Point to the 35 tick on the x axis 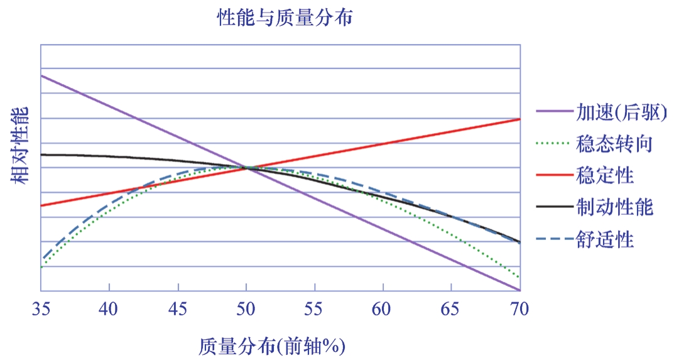coord(41,309)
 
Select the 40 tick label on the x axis coord(109,309)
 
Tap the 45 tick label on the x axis coord(178,309)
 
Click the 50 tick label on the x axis coord(246,309)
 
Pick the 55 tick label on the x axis coord(315,309)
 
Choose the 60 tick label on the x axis coord(383,309)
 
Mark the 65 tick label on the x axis coord(452,309)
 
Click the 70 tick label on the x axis coord(519,309)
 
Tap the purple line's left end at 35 coord(41,75)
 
